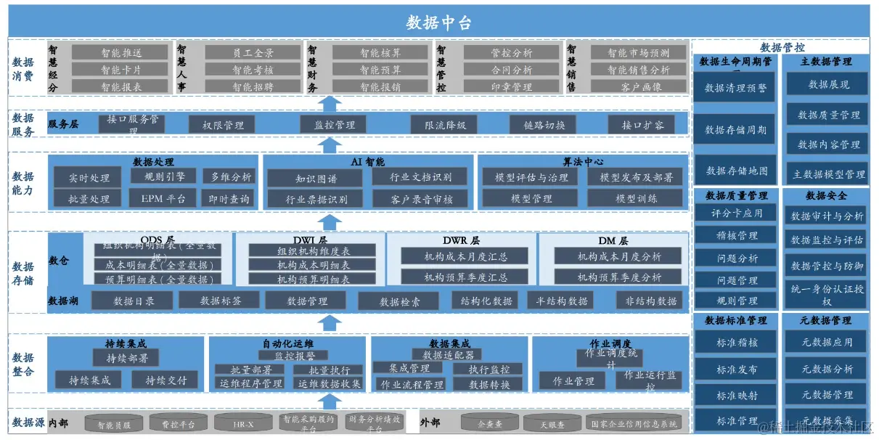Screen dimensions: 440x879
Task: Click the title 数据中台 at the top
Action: pos(438,23)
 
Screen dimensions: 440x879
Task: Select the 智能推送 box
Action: pos(121,53)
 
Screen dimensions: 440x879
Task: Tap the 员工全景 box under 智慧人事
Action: pos(253,53)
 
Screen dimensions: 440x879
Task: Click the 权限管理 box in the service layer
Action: pos(223,125)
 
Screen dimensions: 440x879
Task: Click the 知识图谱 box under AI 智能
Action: pos(316,179)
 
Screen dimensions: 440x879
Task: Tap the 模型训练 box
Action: pos(635,198)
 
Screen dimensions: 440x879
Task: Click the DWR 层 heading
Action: pos(460,240)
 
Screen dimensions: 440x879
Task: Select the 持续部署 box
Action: pos(126,358)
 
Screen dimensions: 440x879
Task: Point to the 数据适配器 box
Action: pos(447,355)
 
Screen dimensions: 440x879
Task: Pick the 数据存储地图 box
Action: pos(736,171)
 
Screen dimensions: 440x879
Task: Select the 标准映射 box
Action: pos(736,395)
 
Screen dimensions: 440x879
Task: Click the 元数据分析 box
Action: pos(827,369)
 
